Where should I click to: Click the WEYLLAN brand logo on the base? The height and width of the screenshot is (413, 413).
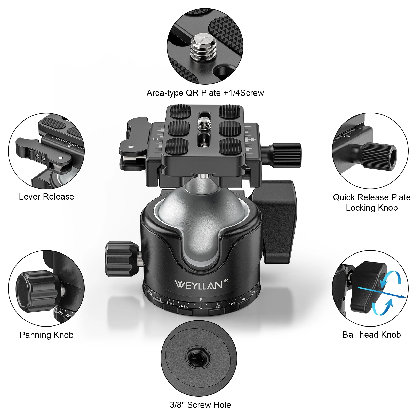coord(198,285)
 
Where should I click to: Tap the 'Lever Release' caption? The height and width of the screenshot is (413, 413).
coord(46,197)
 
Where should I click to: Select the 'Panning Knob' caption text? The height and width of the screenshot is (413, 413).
coord(47,335)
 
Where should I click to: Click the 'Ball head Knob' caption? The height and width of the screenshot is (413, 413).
coord(371,335)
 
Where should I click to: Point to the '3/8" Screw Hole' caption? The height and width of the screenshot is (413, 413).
coord(200,405)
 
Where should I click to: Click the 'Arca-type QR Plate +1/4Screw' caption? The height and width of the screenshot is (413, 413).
coord(205,93)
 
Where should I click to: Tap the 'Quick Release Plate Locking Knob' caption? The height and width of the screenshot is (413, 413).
coord(372,202)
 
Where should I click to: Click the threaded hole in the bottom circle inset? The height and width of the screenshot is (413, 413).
coord(198,359)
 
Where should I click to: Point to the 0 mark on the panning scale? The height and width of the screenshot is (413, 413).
coord(201,308)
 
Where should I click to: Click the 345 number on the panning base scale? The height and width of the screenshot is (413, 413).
coord(184,306)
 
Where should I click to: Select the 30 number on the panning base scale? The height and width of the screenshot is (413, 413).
coord(232,303)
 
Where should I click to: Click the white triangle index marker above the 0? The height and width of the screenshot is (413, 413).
coord(201,300)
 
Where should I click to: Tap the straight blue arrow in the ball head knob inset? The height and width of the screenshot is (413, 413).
coord(382,292)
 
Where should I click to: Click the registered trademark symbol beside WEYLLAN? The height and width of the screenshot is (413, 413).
coord(226,281)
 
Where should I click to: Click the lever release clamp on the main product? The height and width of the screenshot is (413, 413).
coord(134,145)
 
